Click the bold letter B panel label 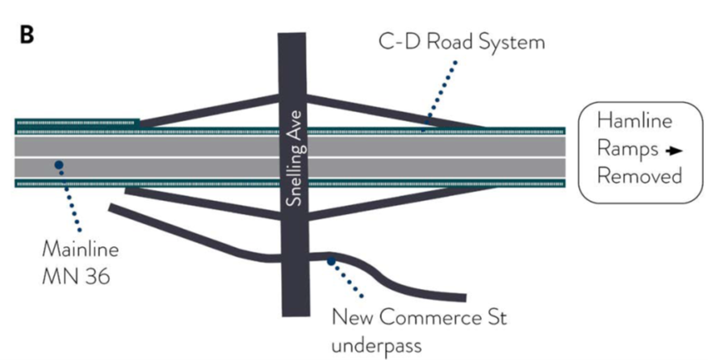click(x=27, y=37)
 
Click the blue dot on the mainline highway click(x=59, y=165)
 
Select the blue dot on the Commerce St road click(x=331, y=261)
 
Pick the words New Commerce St click(x=419, y=317)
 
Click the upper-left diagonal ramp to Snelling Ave click(x=210, y=111)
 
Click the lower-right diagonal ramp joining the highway click(x=396, y=203)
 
